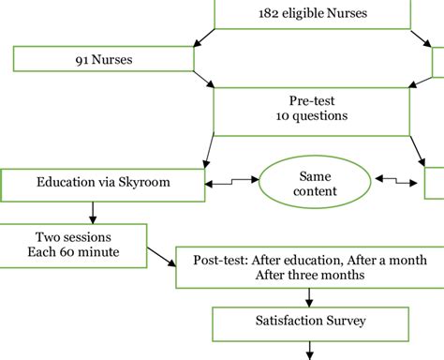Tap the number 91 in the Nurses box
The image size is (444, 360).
(x=83, y=60)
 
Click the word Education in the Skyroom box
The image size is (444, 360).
(x=68, y=182)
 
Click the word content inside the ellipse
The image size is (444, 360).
(x=313, y=191)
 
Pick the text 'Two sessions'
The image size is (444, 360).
(x=73, y=237)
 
